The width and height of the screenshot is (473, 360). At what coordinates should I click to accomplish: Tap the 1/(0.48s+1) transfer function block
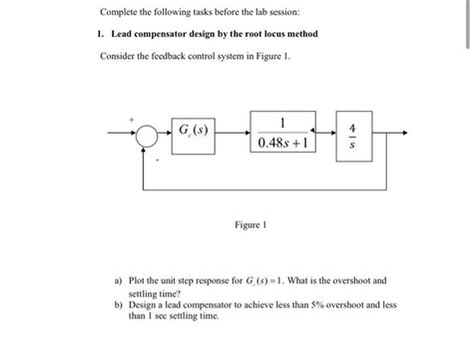284,130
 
